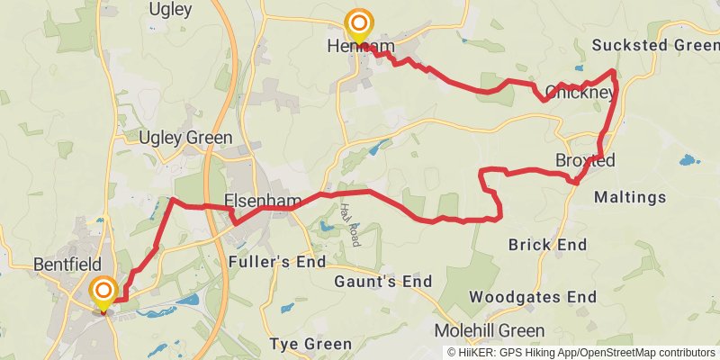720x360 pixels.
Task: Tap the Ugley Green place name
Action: [186, 138]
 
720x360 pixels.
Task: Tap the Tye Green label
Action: [311, 345]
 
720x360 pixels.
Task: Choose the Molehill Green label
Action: [490, 329]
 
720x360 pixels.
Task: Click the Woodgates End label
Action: [533, 297]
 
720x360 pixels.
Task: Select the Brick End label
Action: [547, 245]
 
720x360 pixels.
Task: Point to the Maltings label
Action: [631, 197]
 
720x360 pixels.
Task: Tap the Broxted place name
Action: [585, 161]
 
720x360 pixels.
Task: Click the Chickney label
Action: [580, 92]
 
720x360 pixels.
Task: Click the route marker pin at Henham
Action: [359, 24]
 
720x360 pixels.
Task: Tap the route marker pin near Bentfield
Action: [103, 292]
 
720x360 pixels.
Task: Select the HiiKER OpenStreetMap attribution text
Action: [580, 353]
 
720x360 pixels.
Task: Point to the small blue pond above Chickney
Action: [579, 68]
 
